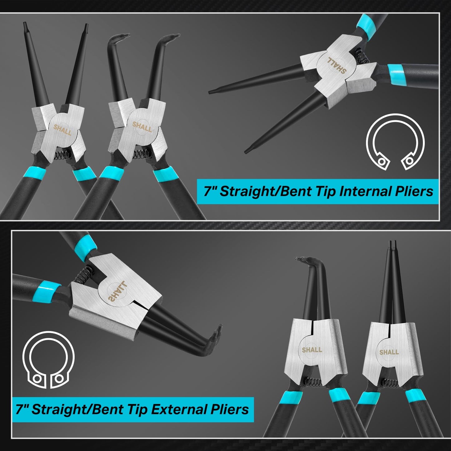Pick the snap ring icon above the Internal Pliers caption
pyautogui.click(x=395, y=142)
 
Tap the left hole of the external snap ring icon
pyautogui.click(x=37, y=379)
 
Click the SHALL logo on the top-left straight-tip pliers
pyautogui.click(x=62, y=130)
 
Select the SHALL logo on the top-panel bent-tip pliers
pyautogui.click(x=142, y=127)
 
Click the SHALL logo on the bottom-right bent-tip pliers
pyautogui.click(x=312, y=350)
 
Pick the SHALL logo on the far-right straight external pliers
pyautogui.click(x=389, y=352)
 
